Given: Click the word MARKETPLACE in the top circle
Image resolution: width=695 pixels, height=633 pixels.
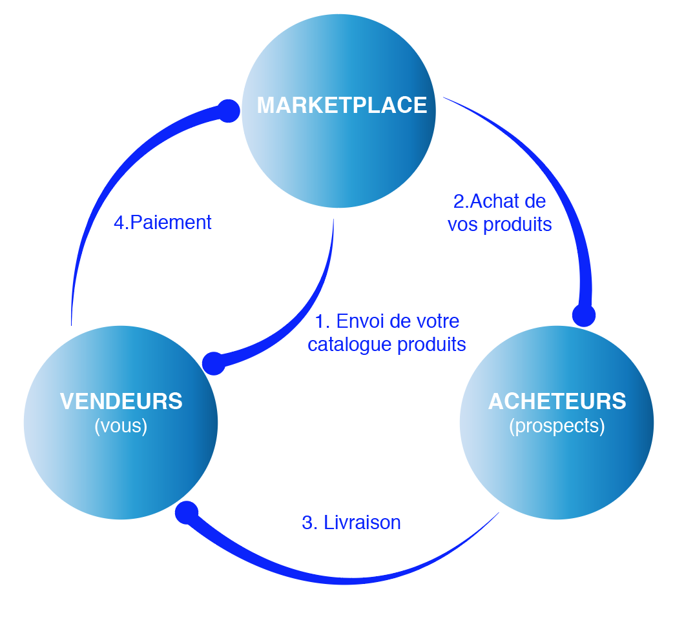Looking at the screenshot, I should point(342,105).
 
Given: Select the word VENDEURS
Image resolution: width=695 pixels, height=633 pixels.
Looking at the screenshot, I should point(121,401).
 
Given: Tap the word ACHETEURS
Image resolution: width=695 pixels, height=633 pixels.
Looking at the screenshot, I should point(557,401).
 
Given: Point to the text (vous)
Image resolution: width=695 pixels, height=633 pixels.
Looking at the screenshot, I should point(121,426).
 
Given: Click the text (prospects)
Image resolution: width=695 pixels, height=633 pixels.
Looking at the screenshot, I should point(557,426).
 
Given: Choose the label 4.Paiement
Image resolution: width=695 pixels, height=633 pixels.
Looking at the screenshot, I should point(163,223).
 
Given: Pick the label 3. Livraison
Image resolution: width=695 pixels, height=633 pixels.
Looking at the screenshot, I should point(351,523).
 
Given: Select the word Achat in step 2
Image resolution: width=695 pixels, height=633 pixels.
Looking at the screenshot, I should point(495,201).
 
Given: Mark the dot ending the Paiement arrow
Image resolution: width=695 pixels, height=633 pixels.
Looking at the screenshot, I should point(228,111).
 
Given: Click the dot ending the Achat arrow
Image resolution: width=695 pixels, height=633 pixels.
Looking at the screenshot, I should point(584,315).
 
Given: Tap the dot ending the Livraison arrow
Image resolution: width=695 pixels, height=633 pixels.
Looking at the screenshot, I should point(187,513).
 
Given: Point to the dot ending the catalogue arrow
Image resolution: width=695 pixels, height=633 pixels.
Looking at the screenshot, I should point(214,363).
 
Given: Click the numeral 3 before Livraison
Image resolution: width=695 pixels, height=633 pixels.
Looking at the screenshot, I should point(307,523).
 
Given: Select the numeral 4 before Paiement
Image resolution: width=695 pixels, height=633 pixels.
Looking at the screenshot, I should point(119,223).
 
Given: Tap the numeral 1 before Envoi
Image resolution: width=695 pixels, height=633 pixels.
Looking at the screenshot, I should point(319,321).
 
